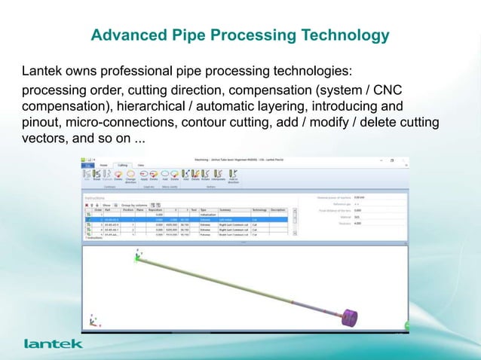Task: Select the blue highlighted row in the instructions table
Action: tap(188, 219)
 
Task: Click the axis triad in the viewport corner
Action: tap(93, 321)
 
